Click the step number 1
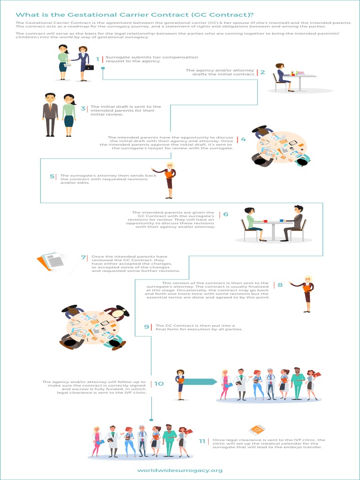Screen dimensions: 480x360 [98, 59]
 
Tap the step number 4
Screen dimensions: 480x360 [243, 139]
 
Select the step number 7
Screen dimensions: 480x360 [83, 257]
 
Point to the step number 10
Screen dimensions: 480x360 [159, 383]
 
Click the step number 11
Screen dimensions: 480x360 [202, 441]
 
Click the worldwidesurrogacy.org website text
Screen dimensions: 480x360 [180, 470]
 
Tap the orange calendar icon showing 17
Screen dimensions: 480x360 [257, 430]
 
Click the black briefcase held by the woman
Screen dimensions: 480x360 [89, 67]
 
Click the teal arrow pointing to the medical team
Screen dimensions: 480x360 [199, 382]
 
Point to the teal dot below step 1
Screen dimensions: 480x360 [103, 68]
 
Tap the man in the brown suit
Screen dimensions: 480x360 [50, 114]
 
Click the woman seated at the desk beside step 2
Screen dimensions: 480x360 [282, 77]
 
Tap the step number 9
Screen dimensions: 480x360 [147, 326]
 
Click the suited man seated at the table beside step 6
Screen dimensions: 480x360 [294, 223]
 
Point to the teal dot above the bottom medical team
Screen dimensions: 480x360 [151, 419]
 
